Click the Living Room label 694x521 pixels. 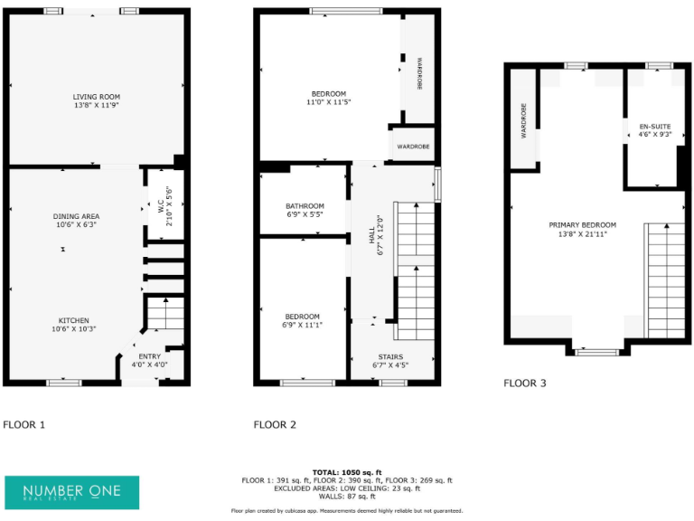[x=97, y=97]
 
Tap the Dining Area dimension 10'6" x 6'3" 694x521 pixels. [x=76, y=225]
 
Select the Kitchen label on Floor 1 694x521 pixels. [x=73, y=320]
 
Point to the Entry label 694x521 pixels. [x=149, y=356]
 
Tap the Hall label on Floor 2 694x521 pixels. [x=370, y=238]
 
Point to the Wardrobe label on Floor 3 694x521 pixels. [x=523, y=120]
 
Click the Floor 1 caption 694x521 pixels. [x=23, y=424]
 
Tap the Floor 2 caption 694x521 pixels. [x=275, y=424]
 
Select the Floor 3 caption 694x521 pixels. [x=524, y=384]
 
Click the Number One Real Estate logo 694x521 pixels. [x=72, y=491]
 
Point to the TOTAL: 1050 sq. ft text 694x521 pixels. [x=347, y=472]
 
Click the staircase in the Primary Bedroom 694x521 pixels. [x=663, y=280]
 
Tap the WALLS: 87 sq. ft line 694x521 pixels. [x=347, y=497]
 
